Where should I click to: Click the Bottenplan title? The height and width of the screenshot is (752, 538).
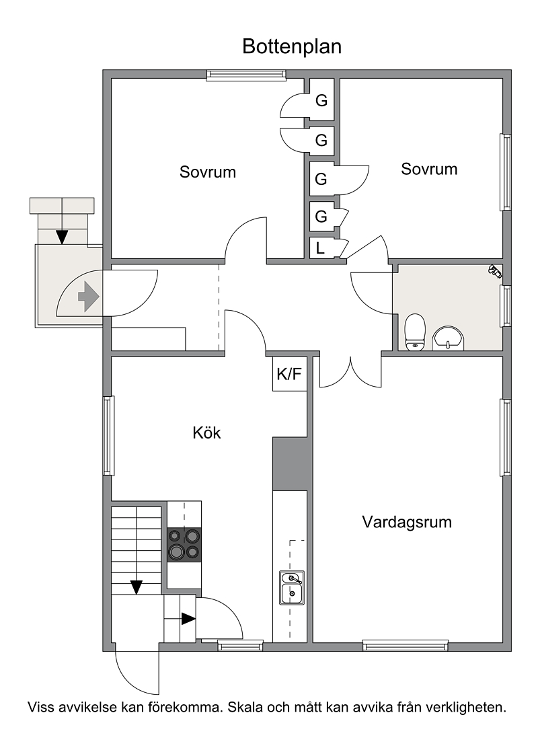(x=292, y=46)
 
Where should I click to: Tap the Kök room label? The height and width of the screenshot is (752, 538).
(x=206, y=433)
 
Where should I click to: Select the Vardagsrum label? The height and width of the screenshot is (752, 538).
(x=407, y=522)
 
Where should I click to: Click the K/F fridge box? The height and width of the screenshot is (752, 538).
(x=290, y=373)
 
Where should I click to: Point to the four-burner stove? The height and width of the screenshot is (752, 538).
(x=184, y=545)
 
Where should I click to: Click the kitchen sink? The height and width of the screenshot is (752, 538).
(x=292, y=588)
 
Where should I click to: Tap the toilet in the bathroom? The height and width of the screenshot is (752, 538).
(x=415, y=332)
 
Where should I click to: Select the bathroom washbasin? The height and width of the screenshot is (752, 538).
(x=449, y=338)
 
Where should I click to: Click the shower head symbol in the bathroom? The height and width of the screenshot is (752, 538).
(x=494, y=272)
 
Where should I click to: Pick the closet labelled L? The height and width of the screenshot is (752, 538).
(x=321, y=248)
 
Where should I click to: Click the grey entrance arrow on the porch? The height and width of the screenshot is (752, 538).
(x=89, y=297)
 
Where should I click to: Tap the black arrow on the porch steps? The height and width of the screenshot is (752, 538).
(x=62, y=237)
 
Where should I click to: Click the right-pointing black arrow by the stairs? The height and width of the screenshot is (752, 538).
(x=188, y=619)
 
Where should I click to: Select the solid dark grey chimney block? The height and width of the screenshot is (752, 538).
(x=290, y=463)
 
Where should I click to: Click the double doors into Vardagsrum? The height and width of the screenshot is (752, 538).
(x=350, y=372)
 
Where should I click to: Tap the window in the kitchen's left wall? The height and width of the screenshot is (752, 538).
(x=109, y=435)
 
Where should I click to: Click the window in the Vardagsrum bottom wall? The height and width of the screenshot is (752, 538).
(x=405, y=646)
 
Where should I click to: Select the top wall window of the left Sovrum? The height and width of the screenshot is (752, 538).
(x=246, y=75)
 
